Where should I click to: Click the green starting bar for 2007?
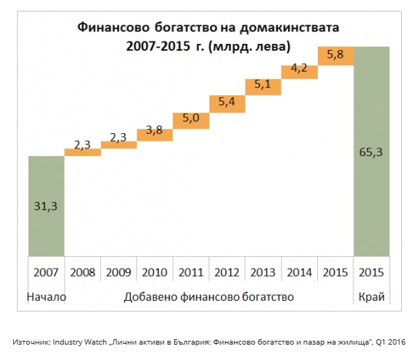pyautogui.click(x=46, y=206)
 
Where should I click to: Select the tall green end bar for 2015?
pyautogui.click(x=372, y=152)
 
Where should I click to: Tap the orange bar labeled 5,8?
pyautogui.click(x=336, y=56)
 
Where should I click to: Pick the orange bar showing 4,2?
pyautogui.click(x=299, y=72)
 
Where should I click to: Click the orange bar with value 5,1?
pyautogui.click(x=263, y=87)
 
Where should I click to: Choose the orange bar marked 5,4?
pyautogui.click(x=227, y=104)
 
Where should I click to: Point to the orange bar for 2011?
pyautogui.click(x=191, y=121)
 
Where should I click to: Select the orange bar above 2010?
pyautogui.click(x=155, y=135)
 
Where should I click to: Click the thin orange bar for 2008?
pyautogui.click(x=82, y=152)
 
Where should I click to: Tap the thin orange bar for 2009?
pyautogui.click(x=119, y=145)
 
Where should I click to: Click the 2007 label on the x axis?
pyautogui.click(x=46, y=272)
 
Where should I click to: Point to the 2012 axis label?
pyautogui.click(x=227, y=272)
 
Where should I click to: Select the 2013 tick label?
pyautogui.click(x=263, y=272)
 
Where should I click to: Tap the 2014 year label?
pyautogui.click(x=299, y=272)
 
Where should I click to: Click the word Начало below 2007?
pyautogui.click(x=47, y=297)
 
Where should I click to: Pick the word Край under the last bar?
pyautogui.click(x=372, y=297)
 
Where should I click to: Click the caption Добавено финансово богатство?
pyautogui.click(x=209, y=297)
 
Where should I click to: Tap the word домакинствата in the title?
pyautogui.click(x=289, y=28)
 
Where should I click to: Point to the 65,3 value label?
pyautogui.click(x=371, y=152)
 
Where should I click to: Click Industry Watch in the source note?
pyautogui.click(x=80, y=342)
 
